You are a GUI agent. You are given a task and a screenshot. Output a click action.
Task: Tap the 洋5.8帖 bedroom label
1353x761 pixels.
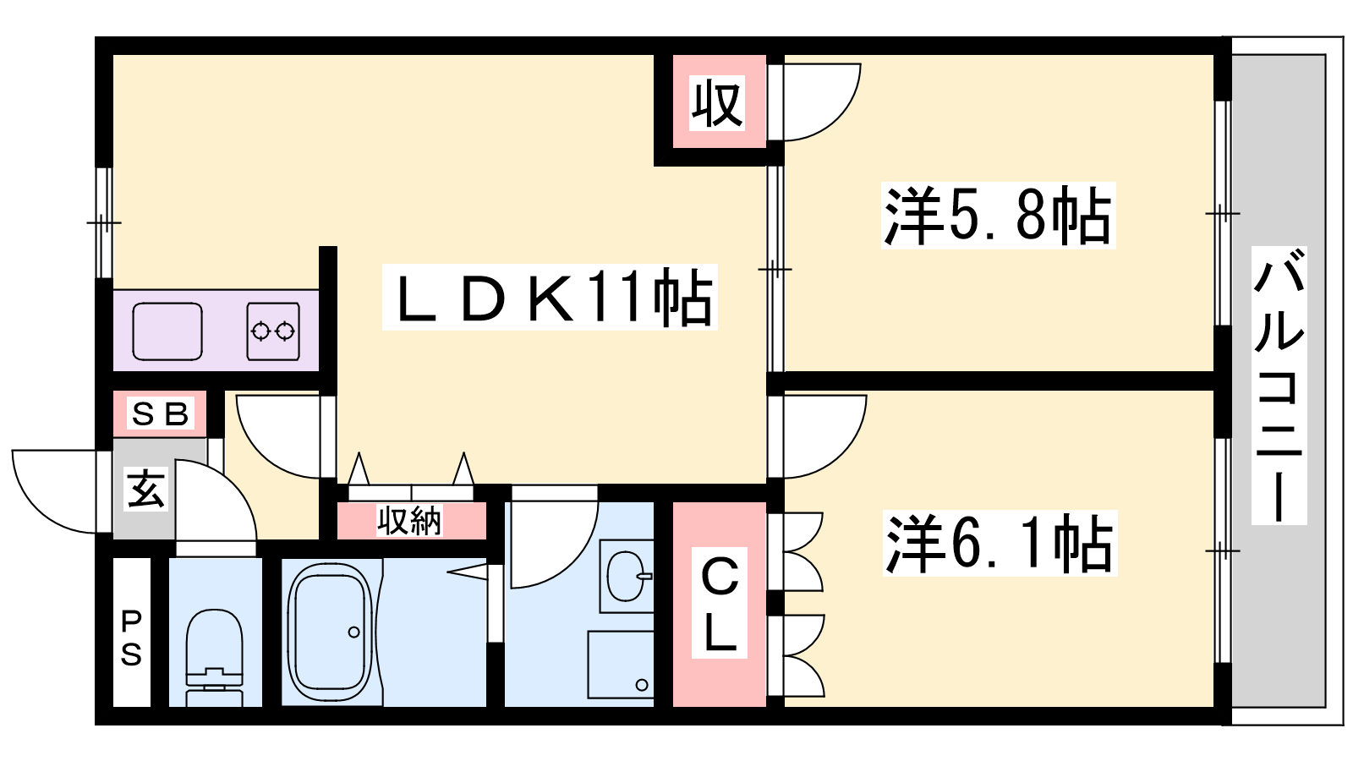[997, 216]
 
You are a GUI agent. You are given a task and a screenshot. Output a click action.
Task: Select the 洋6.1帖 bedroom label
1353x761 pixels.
[999, 542]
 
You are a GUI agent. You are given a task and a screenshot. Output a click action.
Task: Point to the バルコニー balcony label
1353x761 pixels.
[1279, 386]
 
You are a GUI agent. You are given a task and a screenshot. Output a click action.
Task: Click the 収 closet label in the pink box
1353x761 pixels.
[717, 103]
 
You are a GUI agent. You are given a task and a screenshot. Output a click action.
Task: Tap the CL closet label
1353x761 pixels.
[720, 604]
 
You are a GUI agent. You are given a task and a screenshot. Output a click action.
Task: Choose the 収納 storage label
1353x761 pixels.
[409, 521]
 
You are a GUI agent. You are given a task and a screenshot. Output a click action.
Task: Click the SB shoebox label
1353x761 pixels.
[160, 413]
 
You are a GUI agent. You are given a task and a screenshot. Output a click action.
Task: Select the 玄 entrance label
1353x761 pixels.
[145, 490]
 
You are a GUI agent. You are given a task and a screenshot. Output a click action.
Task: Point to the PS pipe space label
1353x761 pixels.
[131, 638]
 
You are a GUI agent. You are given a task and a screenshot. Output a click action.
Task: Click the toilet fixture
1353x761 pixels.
[215, 657]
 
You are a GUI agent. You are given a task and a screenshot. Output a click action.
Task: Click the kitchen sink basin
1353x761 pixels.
[167, 331]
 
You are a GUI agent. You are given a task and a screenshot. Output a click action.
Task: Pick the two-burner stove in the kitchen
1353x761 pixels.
[273, 331]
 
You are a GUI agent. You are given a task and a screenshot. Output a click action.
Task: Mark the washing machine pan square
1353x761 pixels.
[621, 665]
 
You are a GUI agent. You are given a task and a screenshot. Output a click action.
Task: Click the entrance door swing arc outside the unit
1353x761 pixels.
[54, 491]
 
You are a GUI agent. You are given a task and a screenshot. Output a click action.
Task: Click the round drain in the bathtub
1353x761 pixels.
[354, 632]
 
